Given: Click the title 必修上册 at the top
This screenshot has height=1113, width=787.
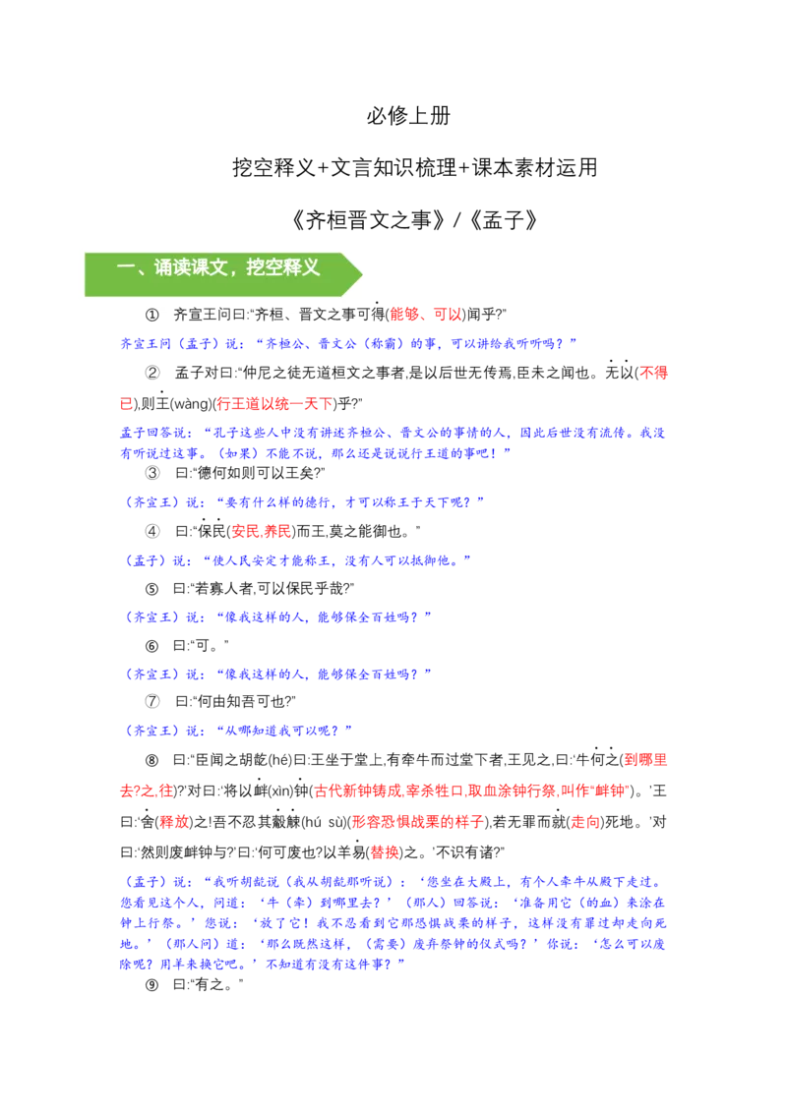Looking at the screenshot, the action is [408, 116].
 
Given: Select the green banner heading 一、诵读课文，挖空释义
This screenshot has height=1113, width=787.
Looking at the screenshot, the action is [218, 267].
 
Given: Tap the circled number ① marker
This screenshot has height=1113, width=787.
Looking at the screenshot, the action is [152, 315].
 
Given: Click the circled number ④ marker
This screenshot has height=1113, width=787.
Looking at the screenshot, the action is [152, 532].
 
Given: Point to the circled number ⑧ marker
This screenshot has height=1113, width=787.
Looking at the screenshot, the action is [152, 761].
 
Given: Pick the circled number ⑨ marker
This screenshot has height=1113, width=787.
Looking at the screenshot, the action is [152, 985].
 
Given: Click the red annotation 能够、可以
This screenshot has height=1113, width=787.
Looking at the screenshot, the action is [425, 315].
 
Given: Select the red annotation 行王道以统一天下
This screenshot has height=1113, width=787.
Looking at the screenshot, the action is [274, 404].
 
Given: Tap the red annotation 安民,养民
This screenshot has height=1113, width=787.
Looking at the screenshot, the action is [262, 532].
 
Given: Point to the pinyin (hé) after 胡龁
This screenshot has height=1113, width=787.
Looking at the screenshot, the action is [277, 761].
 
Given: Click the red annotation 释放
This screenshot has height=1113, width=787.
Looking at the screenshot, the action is [175, 822].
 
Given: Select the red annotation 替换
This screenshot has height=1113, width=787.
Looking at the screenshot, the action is [385, 852].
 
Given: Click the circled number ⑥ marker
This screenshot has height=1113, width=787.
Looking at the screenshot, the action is [152, 646].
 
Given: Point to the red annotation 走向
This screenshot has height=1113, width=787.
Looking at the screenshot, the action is [585, 822].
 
